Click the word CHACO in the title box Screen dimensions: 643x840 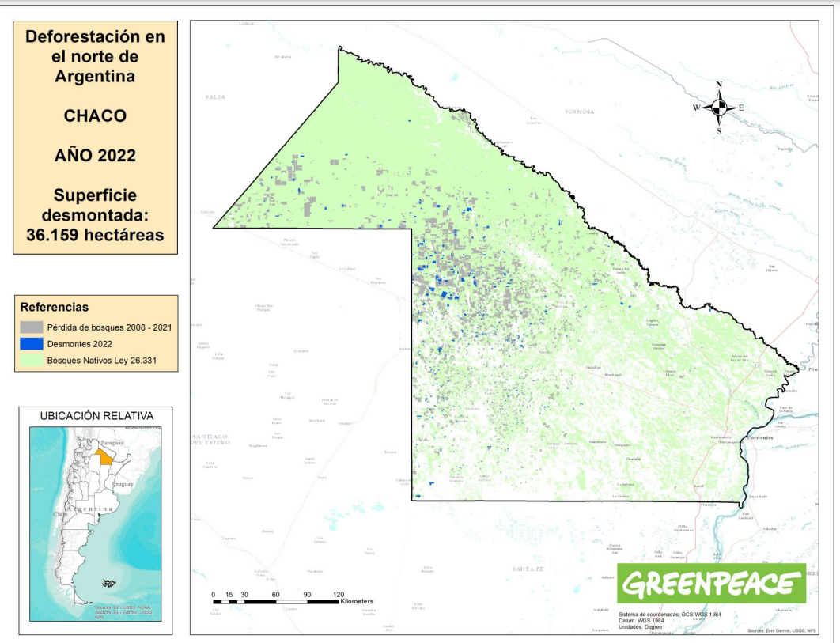click(x=95, y=115)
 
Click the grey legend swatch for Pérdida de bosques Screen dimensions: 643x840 click(x=32, y=327)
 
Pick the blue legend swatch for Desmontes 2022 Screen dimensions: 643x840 click(x=32, y=343)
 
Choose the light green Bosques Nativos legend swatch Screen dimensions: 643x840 click(x=32, y=360)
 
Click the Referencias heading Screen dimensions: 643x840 click(x=54, y=307)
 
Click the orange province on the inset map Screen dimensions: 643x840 click(x=104, y=456)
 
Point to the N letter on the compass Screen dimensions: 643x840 click(x=719, y=85)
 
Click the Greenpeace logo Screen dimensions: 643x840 click(x=710, y=584)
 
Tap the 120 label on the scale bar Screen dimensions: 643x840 click(x=339, y=594)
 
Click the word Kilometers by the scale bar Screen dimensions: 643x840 click(x=356, y=602)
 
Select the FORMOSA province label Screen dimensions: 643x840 click(x=580, y=112)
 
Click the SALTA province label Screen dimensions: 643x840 click(x=215, y=96)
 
